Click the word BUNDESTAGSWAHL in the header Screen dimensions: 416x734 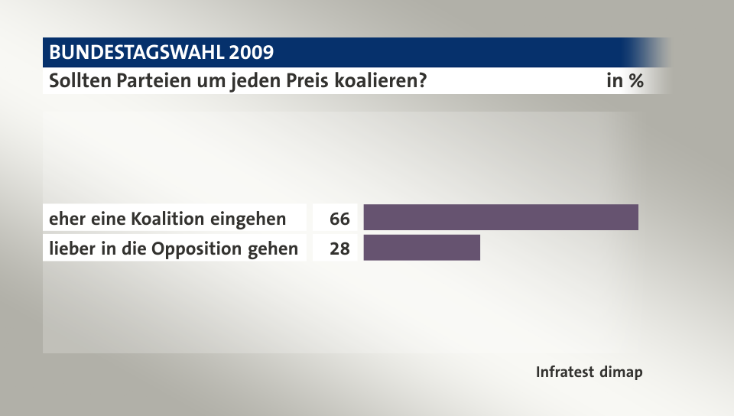click(136, 53)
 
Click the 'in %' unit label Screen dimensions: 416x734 click(625, 81)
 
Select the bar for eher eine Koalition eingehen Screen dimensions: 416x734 click(500, 218)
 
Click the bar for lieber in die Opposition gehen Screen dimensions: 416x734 click(421, 249)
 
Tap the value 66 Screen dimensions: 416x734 click(339, 219)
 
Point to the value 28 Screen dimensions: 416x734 click(339, 249)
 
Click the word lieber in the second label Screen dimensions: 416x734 click(69, 249)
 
